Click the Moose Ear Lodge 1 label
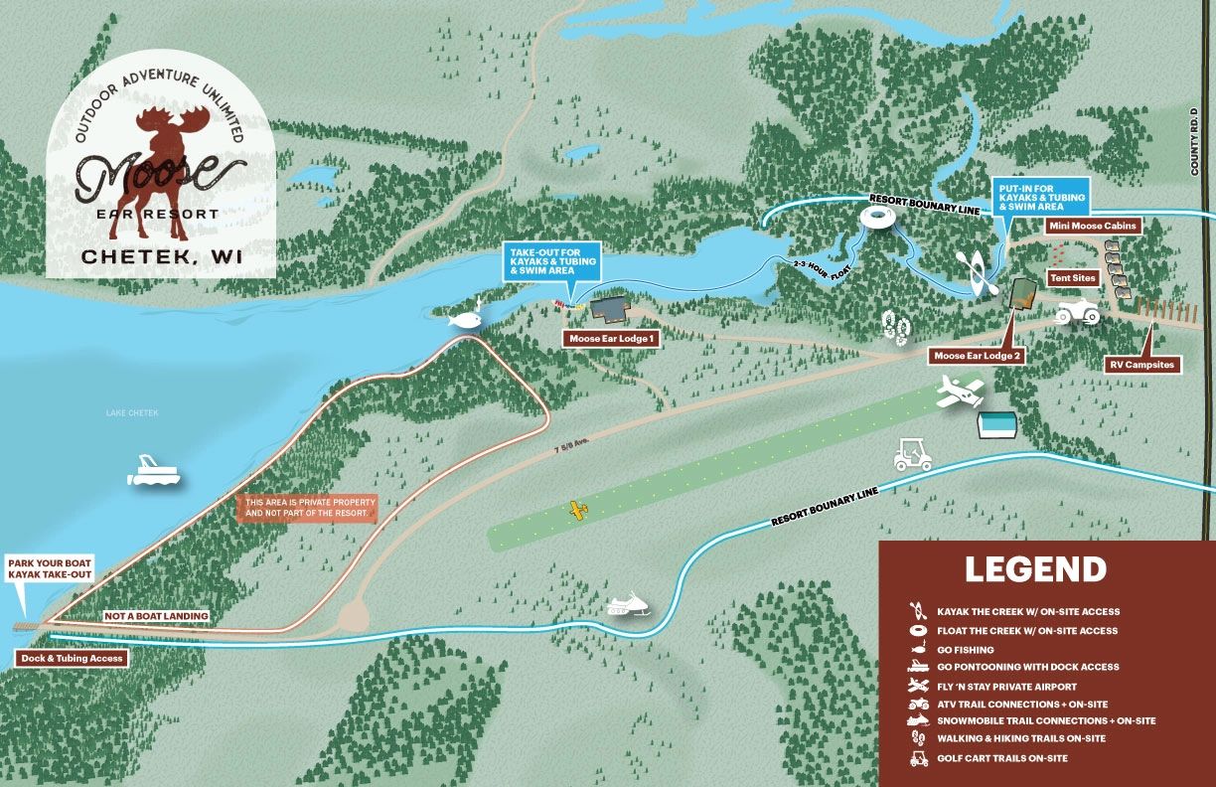pos(611,339)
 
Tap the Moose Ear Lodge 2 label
pos(977,355)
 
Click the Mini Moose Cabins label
pos(1093,227)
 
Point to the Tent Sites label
pos(1072,279)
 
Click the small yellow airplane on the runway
pos(577,511)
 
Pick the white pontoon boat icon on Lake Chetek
pos(154,471)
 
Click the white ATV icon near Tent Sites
pos(1076,313)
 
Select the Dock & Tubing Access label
pos(71,658)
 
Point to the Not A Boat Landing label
pos(157,616)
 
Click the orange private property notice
pos(310,508)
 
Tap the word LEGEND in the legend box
pos(1035,569)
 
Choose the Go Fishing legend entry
pos(965,649)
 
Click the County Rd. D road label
pos(1194,141)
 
